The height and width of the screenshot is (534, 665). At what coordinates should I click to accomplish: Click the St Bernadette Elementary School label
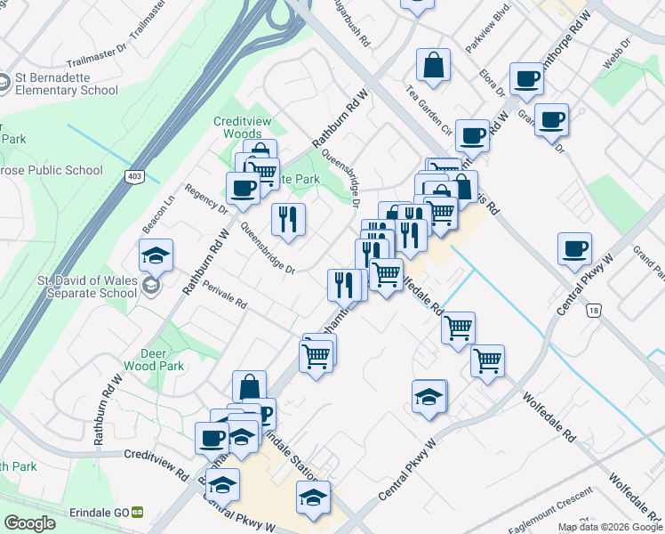point(66,84)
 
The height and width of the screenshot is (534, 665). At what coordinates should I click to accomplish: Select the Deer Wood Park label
point(161,359)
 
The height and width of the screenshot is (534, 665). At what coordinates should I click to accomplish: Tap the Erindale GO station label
point(100,513)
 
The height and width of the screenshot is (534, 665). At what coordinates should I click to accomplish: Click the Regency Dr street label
point(205,198)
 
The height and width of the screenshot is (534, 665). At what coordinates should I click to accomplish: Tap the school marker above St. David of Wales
point(156,256)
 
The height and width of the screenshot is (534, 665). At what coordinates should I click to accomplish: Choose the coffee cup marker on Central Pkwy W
point(574,248)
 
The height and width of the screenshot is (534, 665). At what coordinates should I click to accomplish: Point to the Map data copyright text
point(609,527)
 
